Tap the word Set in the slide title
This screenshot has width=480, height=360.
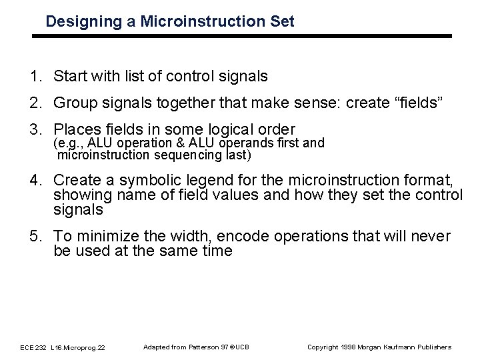[281, 21]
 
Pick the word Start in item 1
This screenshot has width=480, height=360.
[71, 77]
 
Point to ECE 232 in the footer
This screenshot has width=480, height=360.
[33, 347]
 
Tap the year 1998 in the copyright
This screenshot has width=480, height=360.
[347, 347]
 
